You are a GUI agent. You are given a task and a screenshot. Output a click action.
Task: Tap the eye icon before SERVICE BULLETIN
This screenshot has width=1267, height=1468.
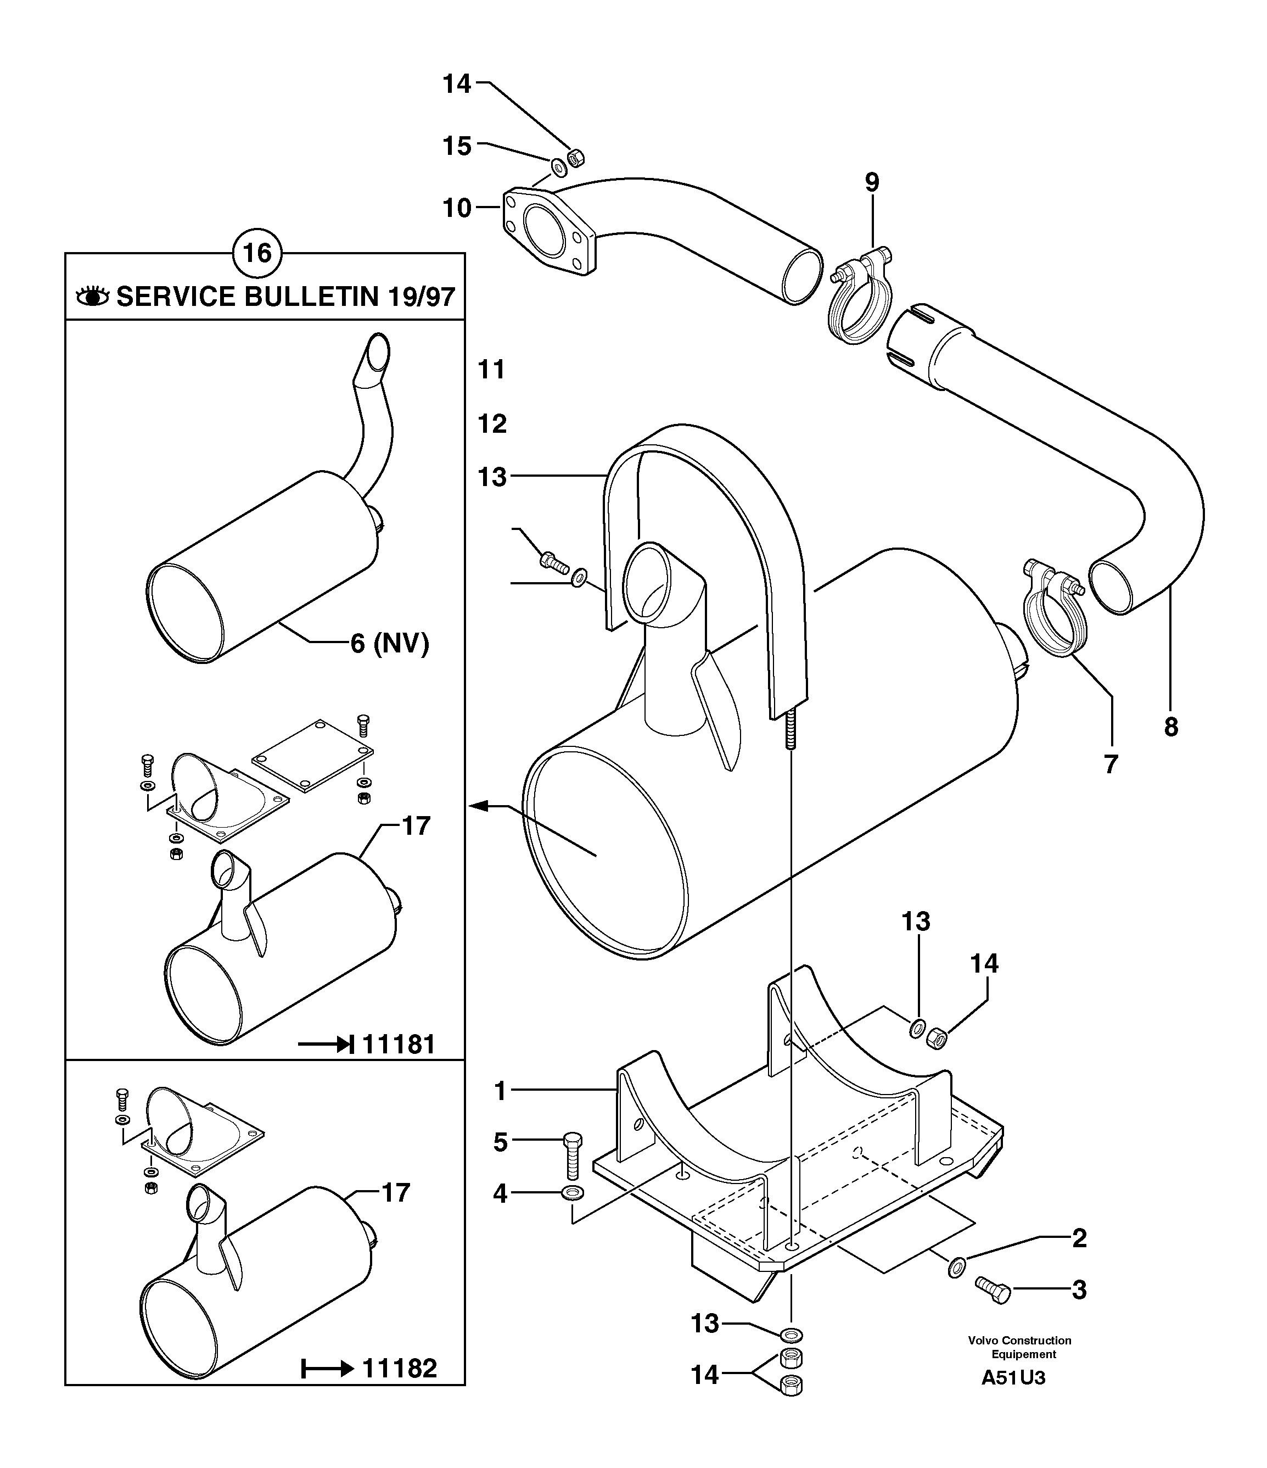(93, 296)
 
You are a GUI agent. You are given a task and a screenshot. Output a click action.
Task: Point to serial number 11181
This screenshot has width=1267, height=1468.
(399, 1045)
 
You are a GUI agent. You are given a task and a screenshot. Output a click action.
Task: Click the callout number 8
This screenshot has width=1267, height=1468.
(1171, 727)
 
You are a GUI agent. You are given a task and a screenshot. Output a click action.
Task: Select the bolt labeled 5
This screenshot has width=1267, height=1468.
(572, 1155)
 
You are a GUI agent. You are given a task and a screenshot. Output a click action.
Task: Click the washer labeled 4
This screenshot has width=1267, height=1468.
(572, 1194)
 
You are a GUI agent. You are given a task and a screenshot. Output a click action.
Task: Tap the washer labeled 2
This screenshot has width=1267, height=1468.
(955, 1268)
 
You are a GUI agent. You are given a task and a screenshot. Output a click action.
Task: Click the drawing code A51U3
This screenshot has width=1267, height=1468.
(1013, 1378)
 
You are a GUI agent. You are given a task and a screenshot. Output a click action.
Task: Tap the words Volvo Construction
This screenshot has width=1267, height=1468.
(1020, 1341)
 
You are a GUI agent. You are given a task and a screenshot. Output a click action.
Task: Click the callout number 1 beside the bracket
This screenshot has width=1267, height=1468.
(500, 1091)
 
